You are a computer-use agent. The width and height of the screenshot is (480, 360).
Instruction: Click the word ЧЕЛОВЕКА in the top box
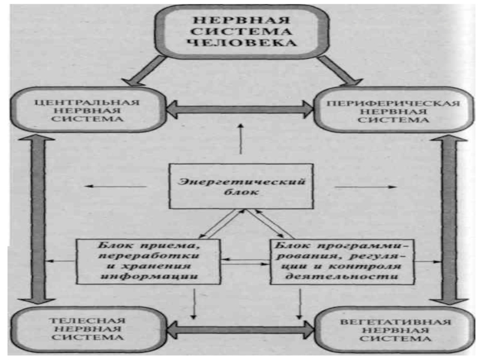coord(242,42)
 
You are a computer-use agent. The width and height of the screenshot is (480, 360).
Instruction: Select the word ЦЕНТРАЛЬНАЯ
coord(86,102)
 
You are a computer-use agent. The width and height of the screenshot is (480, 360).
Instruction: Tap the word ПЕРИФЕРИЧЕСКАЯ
coord(394,103)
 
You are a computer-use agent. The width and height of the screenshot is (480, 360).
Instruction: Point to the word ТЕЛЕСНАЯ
coord(88,321)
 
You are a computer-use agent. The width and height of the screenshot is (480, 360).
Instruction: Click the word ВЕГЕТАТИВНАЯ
coord(395,322)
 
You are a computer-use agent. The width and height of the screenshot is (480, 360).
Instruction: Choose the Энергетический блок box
coord(241,186)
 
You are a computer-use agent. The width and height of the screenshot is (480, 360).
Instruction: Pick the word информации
coord(149,277)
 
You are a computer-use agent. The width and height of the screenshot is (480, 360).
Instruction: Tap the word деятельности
coord(341,277)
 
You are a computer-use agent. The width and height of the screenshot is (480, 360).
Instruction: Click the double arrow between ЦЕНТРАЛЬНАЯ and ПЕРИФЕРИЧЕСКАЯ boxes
coord(241,109)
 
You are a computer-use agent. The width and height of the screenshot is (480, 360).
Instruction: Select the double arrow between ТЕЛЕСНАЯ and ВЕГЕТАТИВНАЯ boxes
coord(241,330)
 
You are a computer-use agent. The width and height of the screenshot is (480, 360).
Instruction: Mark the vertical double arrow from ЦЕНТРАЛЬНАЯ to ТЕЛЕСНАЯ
coord(38,220)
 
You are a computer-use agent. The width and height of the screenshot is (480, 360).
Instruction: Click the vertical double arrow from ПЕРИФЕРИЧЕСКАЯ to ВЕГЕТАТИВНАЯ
coord(449,221)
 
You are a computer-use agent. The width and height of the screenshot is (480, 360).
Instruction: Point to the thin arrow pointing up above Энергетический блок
coord(241,139)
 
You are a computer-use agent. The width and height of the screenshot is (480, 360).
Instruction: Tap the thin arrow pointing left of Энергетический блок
coord(116,186)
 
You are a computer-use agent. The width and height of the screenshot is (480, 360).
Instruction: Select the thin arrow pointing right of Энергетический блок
coord(365,187)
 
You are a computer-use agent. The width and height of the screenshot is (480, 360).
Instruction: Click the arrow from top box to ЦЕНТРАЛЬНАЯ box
coord(144,71)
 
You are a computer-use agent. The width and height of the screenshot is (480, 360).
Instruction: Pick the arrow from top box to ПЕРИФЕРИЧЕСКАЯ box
coord(339,71)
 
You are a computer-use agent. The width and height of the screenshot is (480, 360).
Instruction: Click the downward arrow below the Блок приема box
coord(193,304)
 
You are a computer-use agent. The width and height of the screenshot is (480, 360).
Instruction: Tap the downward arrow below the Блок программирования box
coord(299,304)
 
